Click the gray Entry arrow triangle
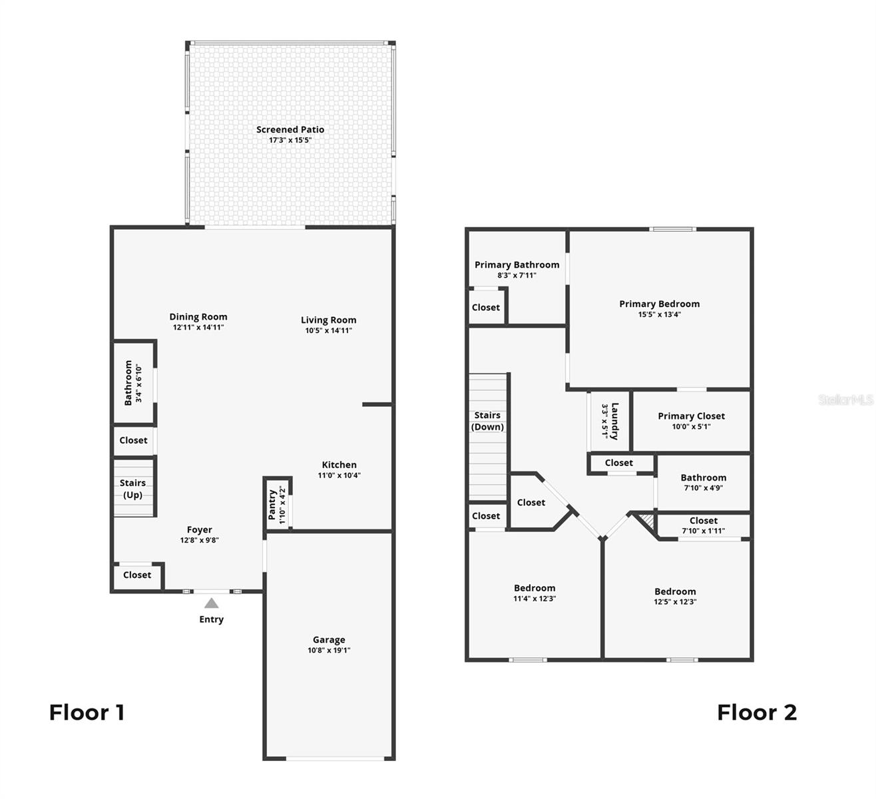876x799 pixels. coord(212,603)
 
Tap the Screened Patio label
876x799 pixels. coord(290,130)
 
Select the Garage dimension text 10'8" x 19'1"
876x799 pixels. coord(329,650)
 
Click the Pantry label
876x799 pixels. coord(272,505)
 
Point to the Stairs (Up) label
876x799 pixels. coord(132,489)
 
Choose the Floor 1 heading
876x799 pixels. coord(87,712)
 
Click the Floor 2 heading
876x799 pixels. coord(757,712)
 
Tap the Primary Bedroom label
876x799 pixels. coord(660,304)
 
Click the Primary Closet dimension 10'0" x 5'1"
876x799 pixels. coord(691,426)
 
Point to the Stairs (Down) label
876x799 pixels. coord(487,421)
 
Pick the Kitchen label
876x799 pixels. coord(339,465)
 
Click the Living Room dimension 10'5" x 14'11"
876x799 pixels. coord(328,331)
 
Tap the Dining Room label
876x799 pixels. coord(198,317)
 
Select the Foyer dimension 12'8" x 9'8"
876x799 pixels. coord(200,540)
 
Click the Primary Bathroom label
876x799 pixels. coord(517,265)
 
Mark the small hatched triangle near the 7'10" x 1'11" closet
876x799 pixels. coord(646,521)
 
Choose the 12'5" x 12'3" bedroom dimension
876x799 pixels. coord(675,601)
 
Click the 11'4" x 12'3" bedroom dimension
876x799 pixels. coord(535,599)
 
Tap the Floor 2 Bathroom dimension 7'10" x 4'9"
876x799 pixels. coord(704,488)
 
